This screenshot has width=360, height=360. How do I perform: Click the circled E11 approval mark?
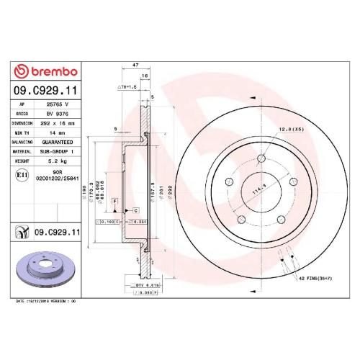(22, 175)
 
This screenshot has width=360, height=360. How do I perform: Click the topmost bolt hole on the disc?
(254, 154)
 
